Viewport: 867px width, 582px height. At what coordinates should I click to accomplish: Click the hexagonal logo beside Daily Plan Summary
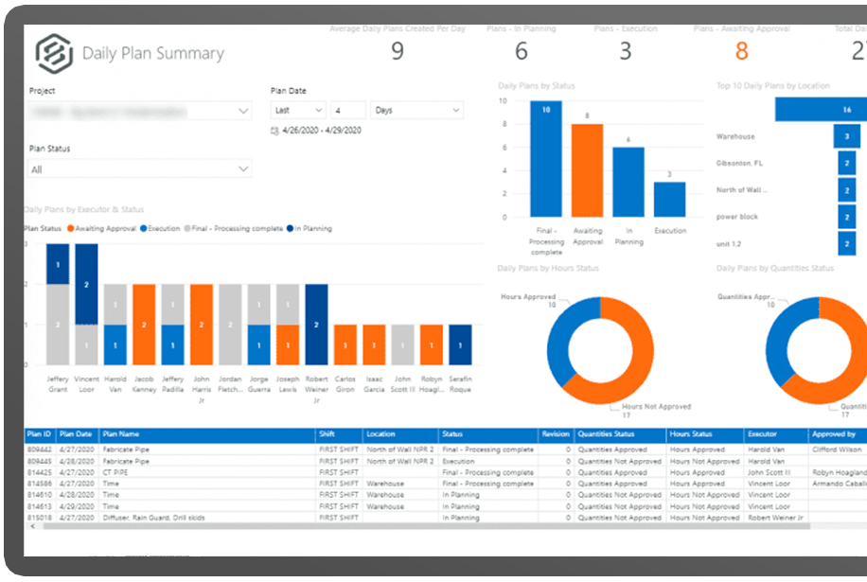[x=55, y=53]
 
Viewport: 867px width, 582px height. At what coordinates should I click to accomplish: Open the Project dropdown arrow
[x=243, y=111]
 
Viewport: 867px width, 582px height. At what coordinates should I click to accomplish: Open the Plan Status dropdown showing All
[x=243, y=169]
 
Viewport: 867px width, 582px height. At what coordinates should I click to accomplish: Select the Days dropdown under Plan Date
[x=416, y=111]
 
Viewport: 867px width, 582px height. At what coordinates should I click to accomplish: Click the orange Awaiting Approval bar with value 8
[x=587, y=170]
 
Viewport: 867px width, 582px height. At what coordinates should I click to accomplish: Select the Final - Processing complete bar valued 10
[x=546, y=158]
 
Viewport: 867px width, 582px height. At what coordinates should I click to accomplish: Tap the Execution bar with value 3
[x=669, y=199]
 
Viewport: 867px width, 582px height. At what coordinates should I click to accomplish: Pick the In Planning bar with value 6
[x=628, y=182]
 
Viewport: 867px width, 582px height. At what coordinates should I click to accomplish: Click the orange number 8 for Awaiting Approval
[x=741, y=50]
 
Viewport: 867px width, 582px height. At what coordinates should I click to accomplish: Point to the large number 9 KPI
[x=398, y=50]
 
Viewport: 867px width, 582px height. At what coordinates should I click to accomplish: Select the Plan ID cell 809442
[x=40, y=450]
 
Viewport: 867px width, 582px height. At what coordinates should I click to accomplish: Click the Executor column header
[x=762, y=434]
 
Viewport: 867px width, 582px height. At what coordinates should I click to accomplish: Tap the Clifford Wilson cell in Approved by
[x=836, y=450]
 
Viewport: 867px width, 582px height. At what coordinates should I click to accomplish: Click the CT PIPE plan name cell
[x=118, y=472]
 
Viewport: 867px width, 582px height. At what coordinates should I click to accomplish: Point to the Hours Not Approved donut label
[x=661, y=406]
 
